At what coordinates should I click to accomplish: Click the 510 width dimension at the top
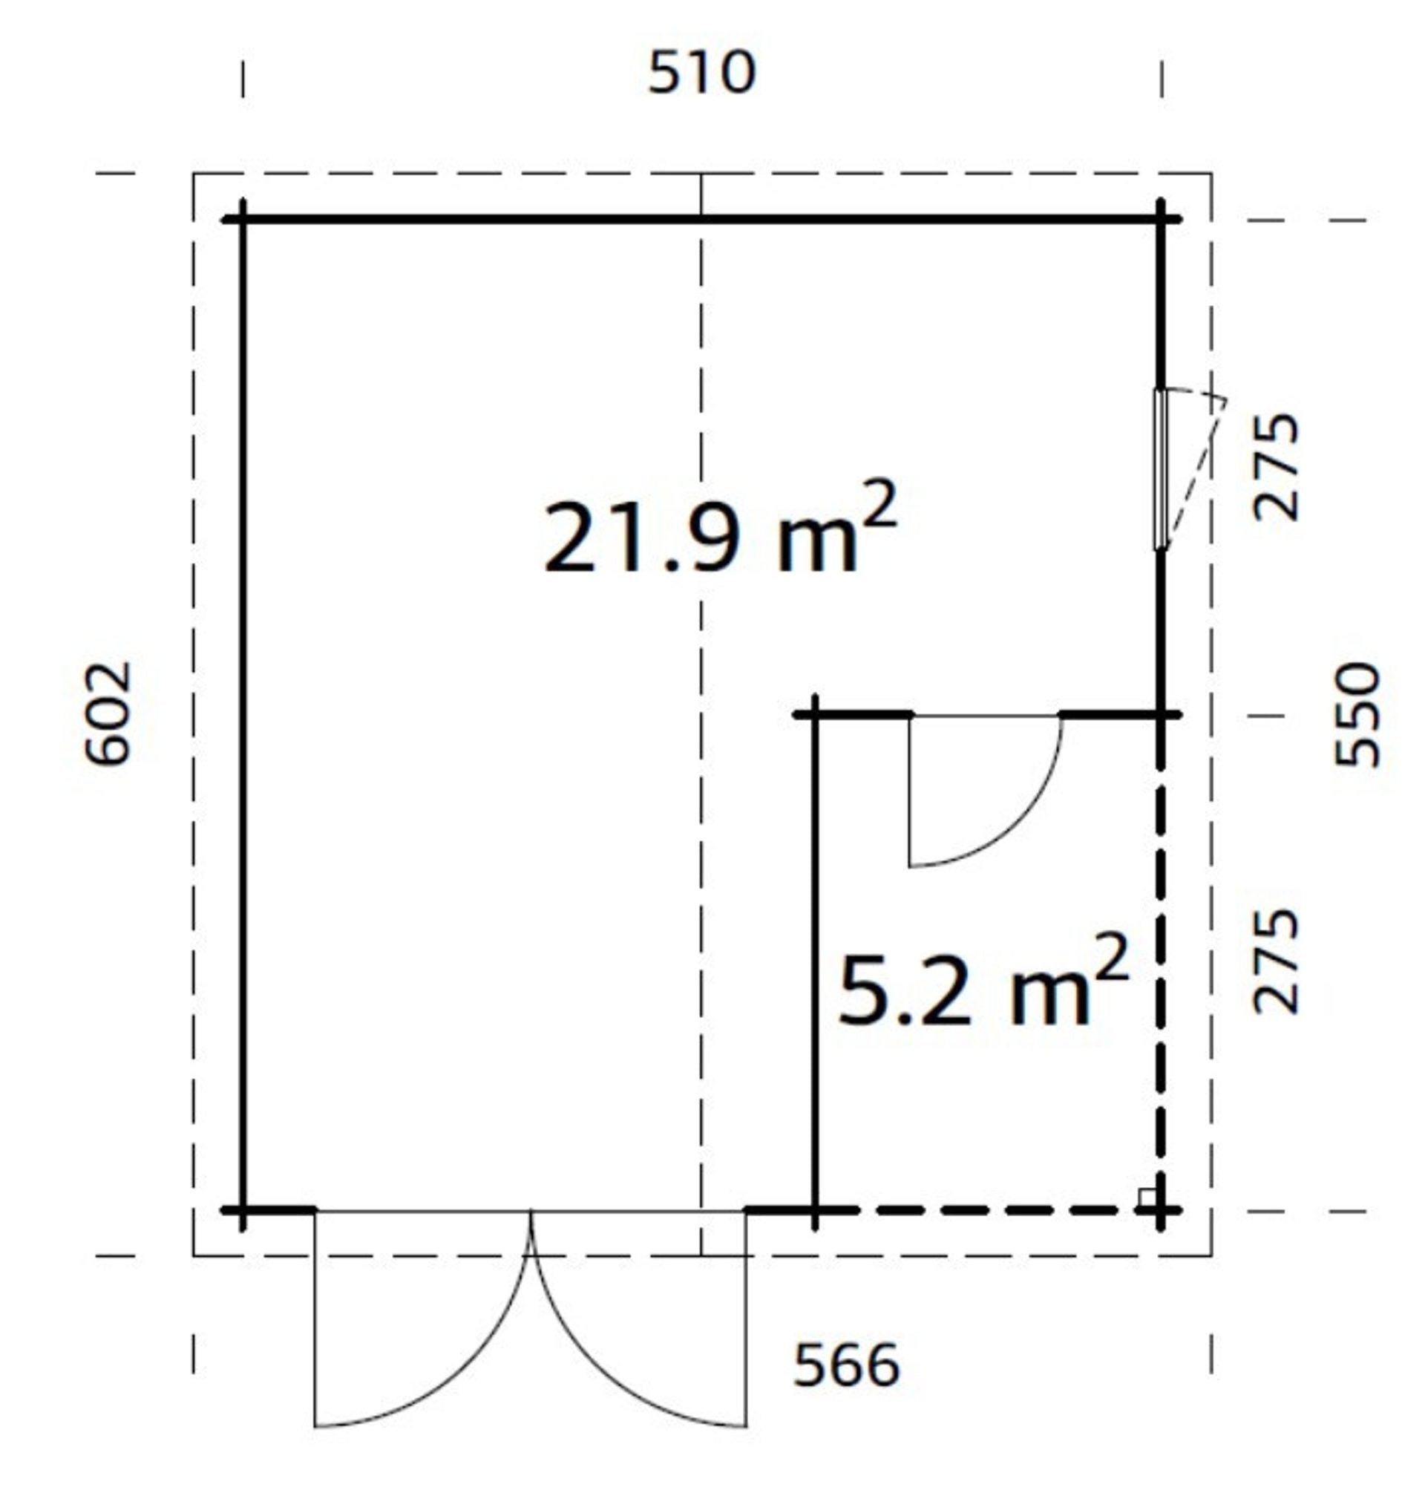(701, 73)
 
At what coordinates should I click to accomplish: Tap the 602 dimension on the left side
(108, 713)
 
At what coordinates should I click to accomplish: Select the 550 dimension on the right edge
(1357, 715)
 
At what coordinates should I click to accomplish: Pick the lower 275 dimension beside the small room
(1276, 961)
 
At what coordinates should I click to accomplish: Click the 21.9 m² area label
(720, 528)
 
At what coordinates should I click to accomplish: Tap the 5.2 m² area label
(983, 981)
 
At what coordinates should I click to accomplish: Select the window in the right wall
(1160, 468)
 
